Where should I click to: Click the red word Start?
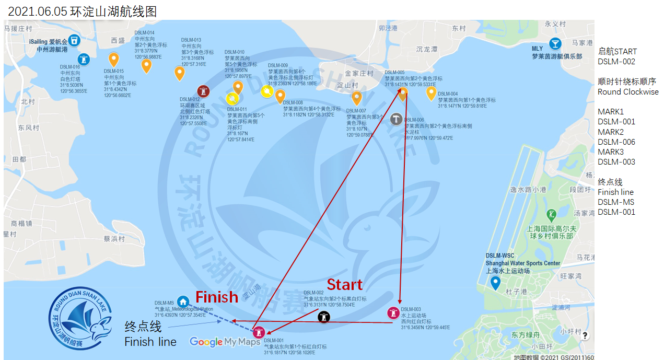tap(344, 285)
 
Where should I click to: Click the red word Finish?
tap(217, 297)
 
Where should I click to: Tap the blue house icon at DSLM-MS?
tap(182, 301)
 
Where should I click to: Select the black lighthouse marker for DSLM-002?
tap(324, 317)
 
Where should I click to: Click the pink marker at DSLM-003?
tap(393, 313)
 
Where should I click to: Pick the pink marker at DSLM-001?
tap(259, 332)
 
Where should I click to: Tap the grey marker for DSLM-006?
tap(397, 119)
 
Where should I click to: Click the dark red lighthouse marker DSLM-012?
tap(203, 91)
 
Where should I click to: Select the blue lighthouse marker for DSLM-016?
tap(83, 59)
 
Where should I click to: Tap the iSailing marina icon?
tap(75, 40)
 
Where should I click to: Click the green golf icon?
tap(551, 214)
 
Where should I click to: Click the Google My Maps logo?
tap(225, 342)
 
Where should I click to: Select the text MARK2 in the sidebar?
tap(611, 132)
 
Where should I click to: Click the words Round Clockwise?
tap(628, 92)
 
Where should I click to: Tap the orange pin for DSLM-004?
tap(431, 93)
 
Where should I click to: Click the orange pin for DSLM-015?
tap(113, 59)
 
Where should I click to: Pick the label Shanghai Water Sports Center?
tap(523, 263)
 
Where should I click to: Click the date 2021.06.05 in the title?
tap(38, 11)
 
